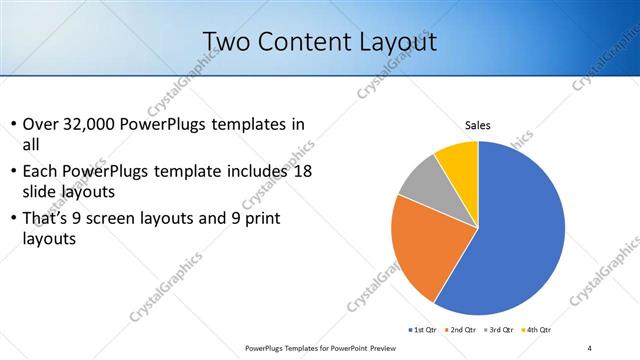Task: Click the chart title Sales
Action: tap(479, 126)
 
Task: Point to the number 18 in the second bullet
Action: tap(302, 171)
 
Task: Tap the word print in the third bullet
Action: tap(283, 218)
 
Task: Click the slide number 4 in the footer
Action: tap(590, 348)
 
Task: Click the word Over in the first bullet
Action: tap(40, 124)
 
